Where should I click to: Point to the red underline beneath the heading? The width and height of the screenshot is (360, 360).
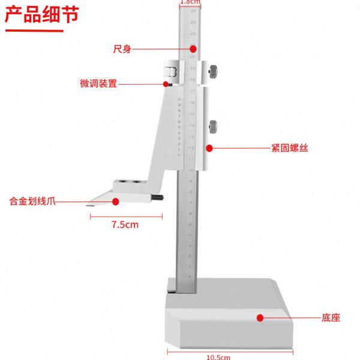tap(34, 30)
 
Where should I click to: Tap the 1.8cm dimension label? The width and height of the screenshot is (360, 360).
tap(190, 2)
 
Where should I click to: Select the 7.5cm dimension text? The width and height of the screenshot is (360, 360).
tap(125, 225)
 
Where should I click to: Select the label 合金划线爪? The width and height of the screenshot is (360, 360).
tap(32, 202)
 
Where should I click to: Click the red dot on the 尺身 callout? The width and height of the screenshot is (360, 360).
tap(193, 49)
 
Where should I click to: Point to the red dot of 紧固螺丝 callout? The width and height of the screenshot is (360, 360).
tap(209, 148)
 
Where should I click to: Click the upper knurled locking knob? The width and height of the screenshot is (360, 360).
tap(213, 73)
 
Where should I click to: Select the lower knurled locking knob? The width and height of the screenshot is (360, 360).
tap(213, 128)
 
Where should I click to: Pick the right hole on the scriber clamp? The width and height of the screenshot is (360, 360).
tap(137, 180)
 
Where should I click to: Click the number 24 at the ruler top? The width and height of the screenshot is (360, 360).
tap(192, 11)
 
